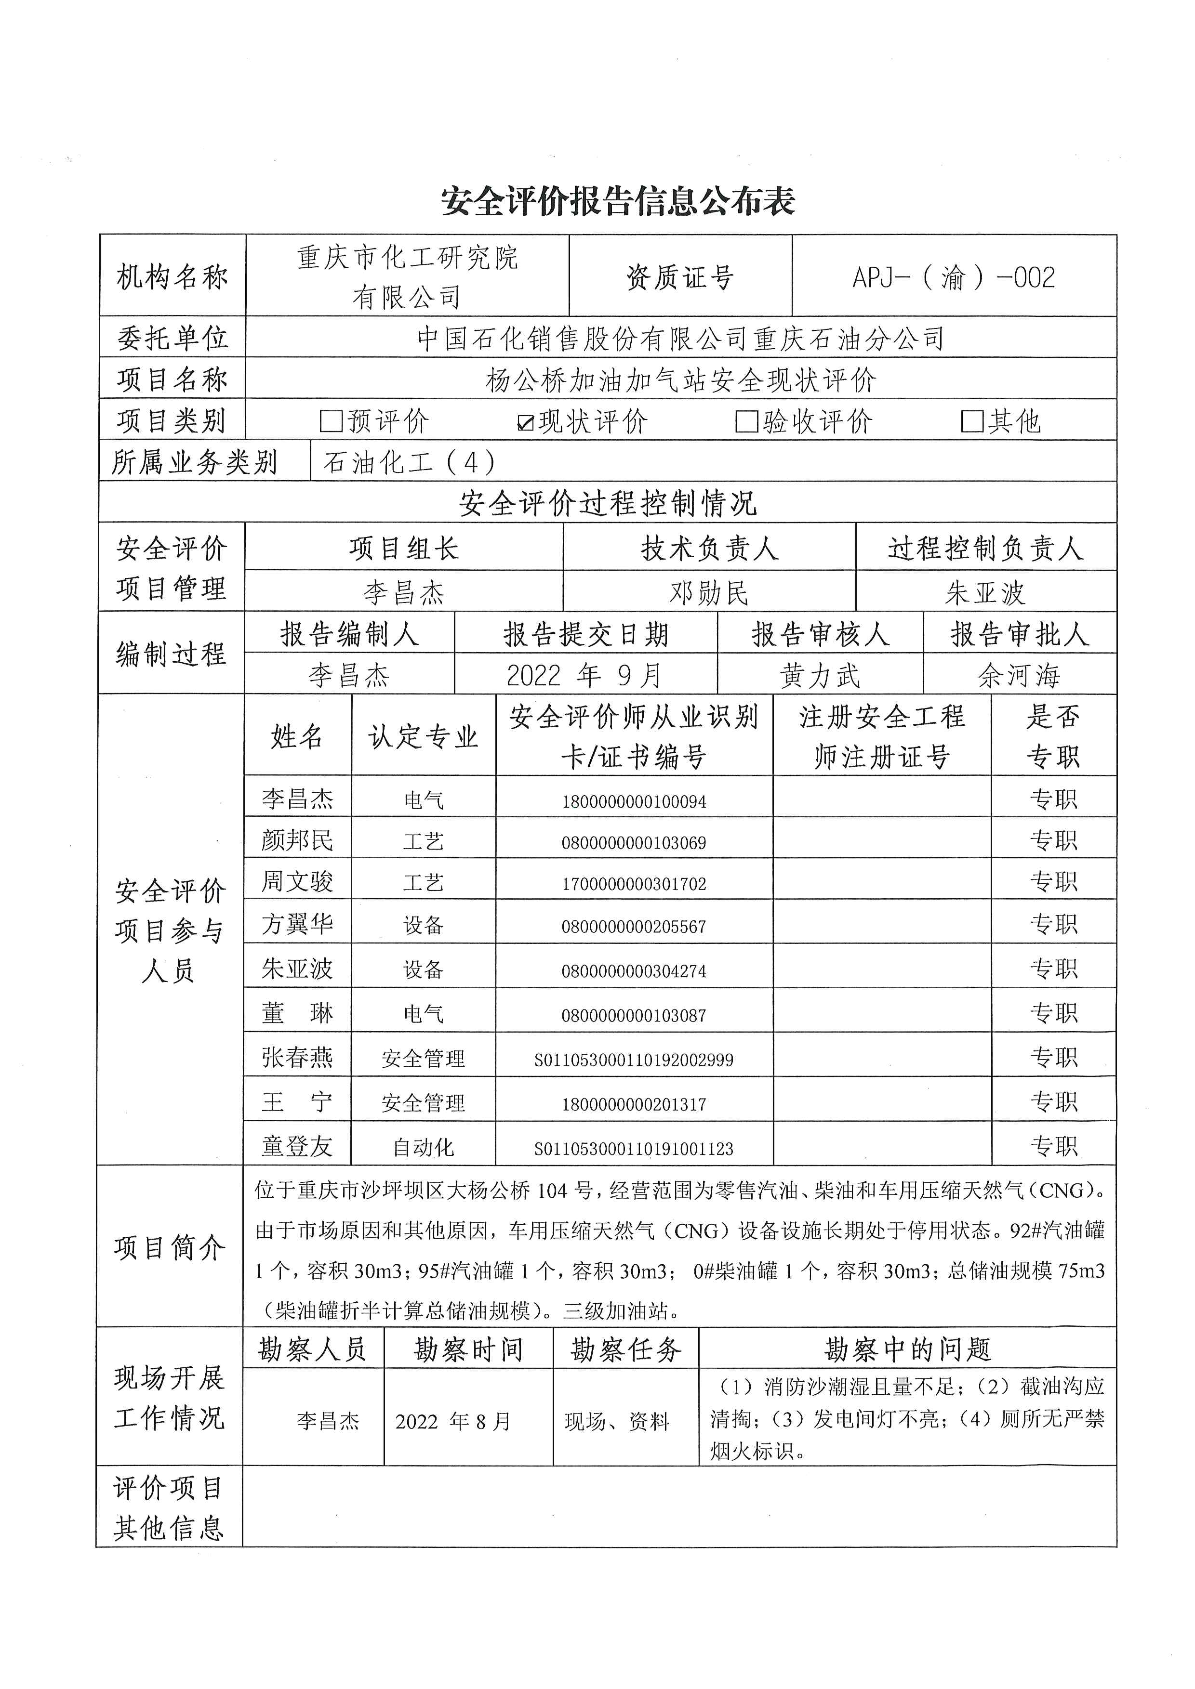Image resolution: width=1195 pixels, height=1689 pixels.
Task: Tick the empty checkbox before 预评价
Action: click(331, 421)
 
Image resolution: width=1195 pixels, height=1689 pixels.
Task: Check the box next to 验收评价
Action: click(747, 421)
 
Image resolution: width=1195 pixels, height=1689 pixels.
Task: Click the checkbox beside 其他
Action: click(972, 421)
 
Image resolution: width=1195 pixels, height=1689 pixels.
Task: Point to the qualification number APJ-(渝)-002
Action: click(954, 277)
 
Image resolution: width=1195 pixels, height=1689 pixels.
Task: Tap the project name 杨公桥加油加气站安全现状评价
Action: click(681, 380)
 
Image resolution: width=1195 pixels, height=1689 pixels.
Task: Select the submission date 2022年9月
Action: click(584, 675)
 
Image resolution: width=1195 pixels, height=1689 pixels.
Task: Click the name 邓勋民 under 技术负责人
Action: click(709, 592)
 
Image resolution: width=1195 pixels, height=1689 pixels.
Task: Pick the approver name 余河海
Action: click(1019, 675)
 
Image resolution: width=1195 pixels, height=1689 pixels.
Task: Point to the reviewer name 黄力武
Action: click(820, 675)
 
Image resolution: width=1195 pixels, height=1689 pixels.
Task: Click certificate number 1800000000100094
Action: click(634, 802)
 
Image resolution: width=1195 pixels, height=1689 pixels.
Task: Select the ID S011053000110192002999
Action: click(634, 1060)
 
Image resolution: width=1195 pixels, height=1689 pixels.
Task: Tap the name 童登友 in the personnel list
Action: click(297, 1146)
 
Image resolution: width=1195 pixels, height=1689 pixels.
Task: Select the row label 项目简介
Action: click(169, 1248)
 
